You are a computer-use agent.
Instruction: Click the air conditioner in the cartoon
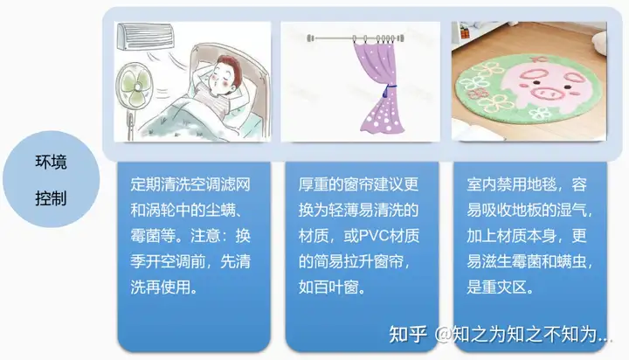(x=146, y=36)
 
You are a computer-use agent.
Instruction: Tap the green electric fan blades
(x=135, y=88)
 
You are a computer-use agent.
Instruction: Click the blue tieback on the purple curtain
(x=387, y=91)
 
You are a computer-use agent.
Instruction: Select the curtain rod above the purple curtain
(x=356, y=38)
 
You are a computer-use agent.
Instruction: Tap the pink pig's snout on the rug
(x=545, y=93)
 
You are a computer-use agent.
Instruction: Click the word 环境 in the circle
(x=51, y=163)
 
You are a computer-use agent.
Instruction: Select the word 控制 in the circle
(x=51, y=198)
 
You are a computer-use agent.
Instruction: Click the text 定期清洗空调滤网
(x=190, y=184)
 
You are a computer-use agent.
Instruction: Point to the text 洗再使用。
(x=163, y=287)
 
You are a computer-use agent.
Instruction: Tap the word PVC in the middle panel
(x=374, y=236)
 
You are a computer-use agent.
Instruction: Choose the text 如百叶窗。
(x=332, y=287)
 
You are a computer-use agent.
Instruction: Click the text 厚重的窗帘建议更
(x=359, y=184)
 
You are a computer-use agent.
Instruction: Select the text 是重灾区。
(x=500, y=287)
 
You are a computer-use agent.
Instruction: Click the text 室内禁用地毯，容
(x=527, y=184)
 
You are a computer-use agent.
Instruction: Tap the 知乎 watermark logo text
(x=407, y=334)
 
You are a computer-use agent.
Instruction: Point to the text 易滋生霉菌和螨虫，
(x=529, y=261)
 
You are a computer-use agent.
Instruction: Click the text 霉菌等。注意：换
(x=190, y=236)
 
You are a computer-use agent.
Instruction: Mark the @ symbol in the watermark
(x=443, y=335)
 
